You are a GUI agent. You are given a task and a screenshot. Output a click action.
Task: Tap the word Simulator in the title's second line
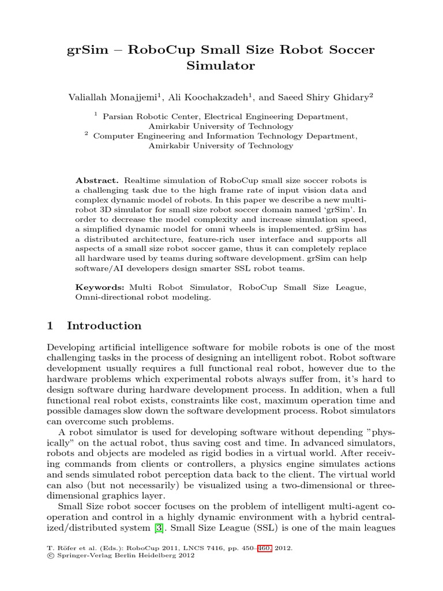pos(221,66)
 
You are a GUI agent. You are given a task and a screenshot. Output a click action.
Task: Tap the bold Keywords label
pos(100,287)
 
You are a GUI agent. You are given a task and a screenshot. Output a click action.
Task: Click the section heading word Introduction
pos(104,326)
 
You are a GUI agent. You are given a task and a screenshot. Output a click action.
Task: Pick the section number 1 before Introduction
pos(50,326)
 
